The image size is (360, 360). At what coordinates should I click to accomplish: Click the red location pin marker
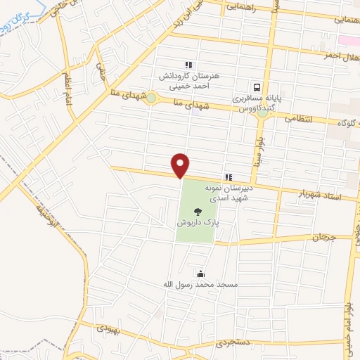pos(181,165)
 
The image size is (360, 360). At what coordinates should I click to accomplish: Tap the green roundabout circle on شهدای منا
pos(151,98)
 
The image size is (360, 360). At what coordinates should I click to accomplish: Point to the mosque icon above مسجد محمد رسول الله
pos(200,274)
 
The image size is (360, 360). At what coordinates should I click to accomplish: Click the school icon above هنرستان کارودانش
pos(188,65)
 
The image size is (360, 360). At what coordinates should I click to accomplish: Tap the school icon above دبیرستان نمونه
pos(227,177)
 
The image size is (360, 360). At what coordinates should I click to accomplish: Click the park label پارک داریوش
pos(198,221)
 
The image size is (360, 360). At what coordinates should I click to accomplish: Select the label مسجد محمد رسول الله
pos(199,285)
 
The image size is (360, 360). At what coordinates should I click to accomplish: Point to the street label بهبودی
pos(109,328)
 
